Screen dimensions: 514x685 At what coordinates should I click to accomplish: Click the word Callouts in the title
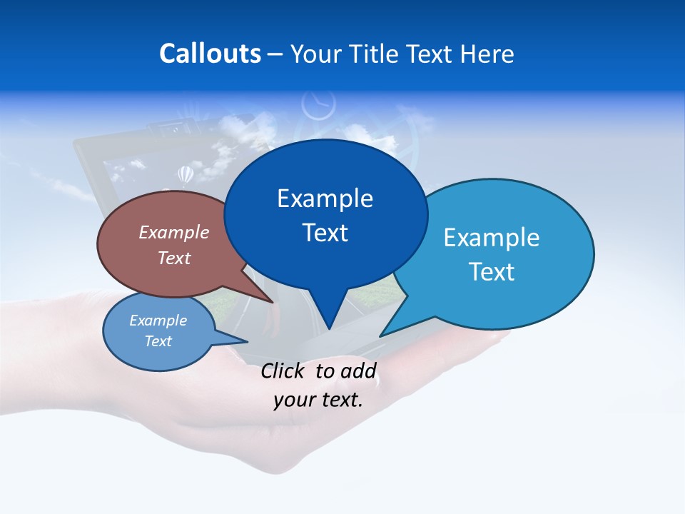click(x=210, y=54)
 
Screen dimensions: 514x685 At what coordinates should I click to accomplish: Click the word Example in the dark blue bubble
click(x=325, y=198)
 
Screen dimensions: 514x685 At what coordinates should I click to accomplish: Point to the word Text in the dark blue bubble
click(x=325, y=232)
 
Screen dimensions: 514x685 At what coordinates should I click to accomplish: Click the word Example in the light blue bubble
click(x=491, y=237)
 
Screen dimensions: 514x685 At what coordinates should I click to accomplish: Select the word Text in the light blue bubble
click(x=491, y=271)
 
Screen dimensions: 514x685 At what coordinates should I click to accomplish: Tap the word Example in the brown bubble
click(x=174, y=232)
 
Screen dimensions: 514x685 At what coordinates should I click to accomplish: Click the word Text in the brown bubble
click(x=174, y=258)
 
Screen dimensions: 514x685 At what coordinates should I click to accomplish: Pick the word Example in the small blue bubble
click(x=158, y=321)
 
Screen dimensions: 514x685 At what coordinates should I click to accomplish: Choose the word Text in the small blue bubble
click(x=158, y=341)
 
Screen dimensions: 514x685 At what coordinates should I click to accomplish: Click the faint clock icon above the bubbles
click(x=318, y=105)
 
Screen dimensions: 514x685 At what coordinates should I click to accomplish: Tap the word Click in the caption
click(x=283, y=371)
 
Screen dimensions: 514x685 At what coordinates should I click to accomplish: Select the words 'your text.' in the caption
click(x=318, y=400)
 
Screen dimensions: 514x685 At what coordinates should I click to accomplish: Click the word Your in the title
click(x=314, y=54)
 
